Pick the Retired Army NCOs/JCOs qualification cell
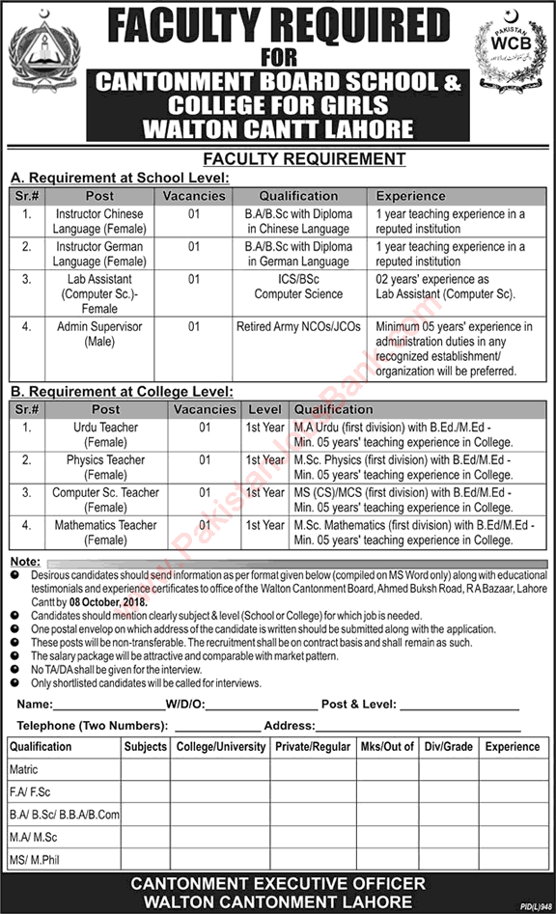[x=298, y=327]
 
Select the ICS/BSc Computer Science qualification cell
[x=298, y=287]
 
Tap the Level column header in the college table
[x=264, y=409]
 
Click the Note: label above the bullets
[x=24, y=561]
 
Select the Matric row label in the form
[x=23, y=770]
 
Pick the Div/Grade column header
[x=449, y=747]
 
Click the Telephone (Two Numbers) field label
[x=93, y=726]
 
